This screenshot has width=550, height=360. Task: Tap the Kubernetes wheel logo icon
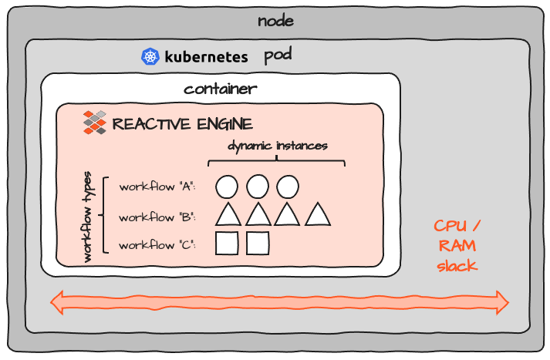(x=150, y=56)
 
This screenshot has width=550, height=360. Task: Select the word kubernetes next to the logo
(x=206, y=56)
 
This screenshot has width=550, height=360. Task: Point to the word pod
(x=278, y=56)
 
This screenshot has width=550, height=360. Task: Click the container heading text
(x=220, y=89)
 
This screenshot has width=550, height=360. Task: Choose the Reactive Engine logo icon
(x=94, y=123)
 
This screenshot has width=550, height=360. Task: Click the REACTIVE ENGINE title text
(x=182, y=124)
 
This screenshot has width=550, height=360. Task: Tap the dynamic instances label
(x=277, y=145)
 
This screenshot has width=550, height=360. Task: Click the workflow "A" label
(x=157, y=187)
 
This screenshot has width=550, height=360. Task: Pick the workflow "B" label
(x=157, y=217)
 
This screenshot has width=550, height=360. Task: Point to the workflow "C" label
(x=157, y=245)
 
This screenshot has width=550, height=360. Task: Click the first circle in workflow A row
(x=226, y=187)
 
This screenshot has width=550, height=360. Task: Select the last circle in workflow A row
(x=288, y=187)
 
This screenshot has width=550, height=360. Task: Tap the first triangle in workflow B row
(x=227, y=215)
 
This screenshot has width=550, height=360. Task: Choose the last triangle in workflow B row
(x=318, y=215)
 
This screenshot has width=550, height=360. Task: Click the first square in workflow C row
(x=226, y=244)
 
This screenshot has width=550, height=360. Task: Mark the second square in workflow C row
(x=257, y=244)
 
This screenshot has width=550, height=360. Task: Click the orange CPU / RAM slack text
(x=457, y=245)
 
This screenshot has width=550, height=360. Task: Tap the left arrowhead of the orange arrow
(x=58, y=302)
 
